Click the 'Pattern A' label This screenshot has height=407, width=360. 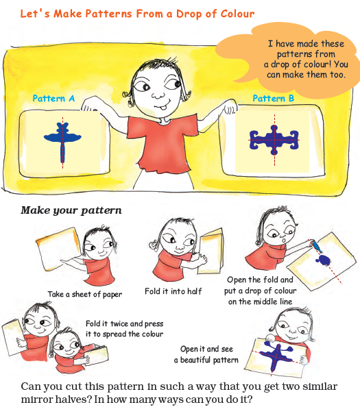[x=53, y=99]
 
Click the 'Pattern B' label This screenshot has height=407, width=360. [x=273, y=99]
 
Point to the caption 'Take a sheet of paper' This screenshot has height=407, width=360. [x=84, y=295]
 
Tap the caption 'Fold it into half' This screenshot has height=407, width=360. [x=183, y=291]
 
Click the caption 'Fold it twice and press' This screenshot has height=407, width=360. [x=125, y=323]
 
